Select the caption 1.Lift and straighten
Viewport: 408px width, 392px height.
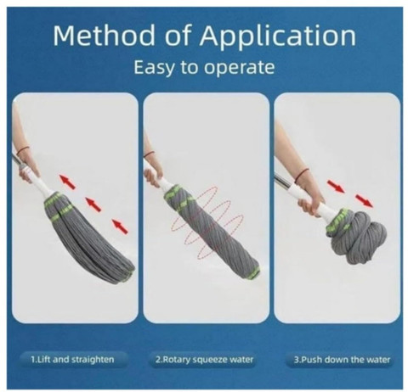[x=72, y=360]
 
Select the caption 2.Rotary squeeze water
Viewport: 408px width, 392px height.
[x=204, y=360]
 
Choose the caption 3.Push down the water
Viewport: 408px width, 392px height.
[x=342, y=360]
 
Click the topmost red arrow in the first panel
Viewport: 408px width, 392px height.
[x=67, y=182]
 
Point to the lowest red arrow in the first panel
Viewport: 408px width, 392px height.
[x=120, y=227]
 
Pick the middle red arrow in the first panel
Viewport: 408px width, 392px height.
[x=93, y=204]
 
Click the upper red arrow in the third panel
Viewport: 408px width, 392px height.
[x=336, y=186]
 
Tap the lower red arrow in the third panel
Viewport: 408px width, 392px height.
[x=364, y=200]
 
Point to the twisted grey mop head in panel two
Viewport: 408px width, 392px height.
[x=212, y=230]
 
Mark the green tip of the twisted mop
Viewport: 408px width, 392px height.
[x=254, y=272]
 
